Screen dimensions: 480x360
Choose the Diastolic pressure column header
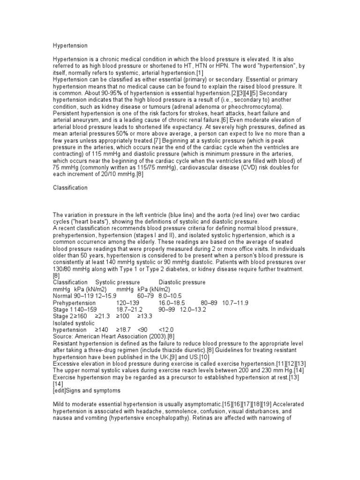click(x=182, y=282)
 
